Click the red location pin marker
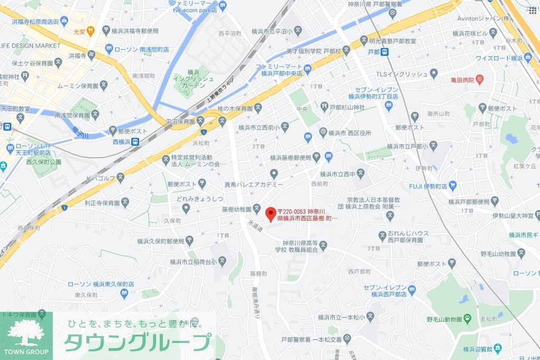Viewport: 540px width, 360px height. click(x=271, y=213)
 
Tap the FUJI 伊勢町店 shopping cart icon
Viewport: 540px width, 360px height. click(x=452, y=186)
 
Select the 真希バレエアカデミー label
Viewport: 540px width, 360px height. click(x=254, y=184)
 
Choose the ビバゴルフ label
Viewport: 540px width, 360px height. click(x=100, y=178)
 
